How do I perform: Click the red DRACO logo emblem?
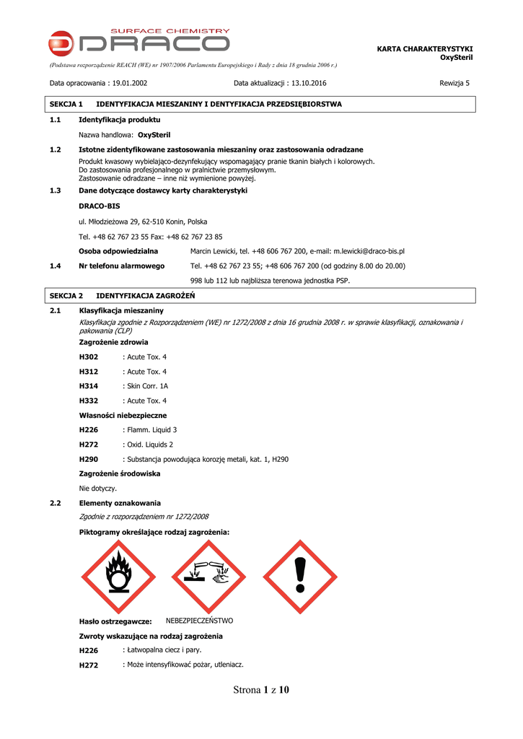[x=61, y=44]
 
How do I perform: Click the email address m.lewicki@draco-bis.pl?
[x=368, y=251]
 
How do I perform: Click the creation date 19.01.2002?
[x=130, y=83]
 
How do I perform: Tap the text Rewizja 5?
[x=454, y=83]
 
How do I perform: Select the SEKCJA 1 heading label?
[x=66, y=105]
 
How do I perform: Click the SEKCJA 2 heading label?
[x=66, y=296]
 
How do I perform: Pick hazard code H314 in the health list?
[x=88, y=386]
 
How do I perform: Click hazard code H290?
[x=88, y=459]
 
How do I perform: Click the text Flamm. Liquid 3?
[x=151, y=430]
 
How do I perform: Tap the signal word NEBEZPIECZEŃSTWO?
[x=199, y=621]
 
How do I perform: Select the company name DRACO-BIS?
[x=99, y=206]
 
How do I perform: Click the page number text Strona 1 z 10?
[x=261, y=690]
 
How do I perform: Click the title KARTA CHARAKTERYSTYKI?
[x=424, y=48]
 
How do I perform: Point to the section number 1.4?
[x=55, y=266]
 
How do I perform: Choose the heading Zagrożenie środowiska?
[x=119, y=473]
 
